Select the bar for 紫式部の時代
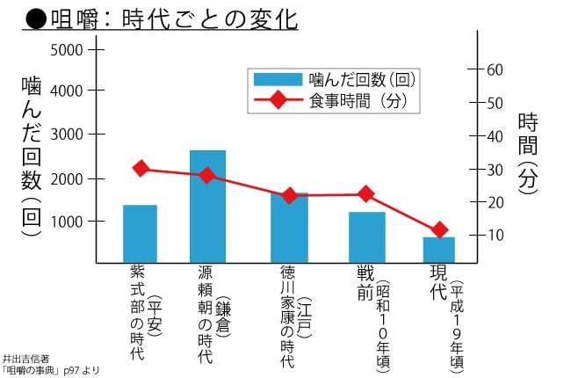tap(140, 234)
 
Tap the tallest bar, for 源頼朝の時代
tap(207, 207)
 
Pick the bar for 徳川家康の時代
tap(288, 228)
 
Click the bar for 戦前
tap(366, 237)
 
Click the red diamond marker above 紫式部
tap(141, 169)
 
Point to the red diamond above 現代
tap(440, 230)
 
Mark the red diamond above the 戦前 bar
tap(366, 194)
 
